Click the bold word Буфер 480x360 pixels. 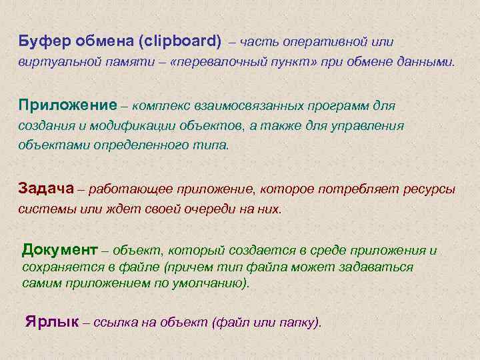click(41, 42)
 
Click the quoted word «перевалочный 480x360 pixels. click(197, 62)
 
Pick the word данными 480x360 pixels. click(427, 62)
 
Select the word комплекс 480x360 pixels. click(160, 105)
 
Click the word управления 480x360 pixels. click(374, 125)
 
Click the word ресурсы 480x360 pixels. click(430, 189)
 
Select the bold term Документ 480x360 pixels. click(60, 250)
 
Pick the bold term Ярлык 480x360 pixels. click(51, 322)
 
